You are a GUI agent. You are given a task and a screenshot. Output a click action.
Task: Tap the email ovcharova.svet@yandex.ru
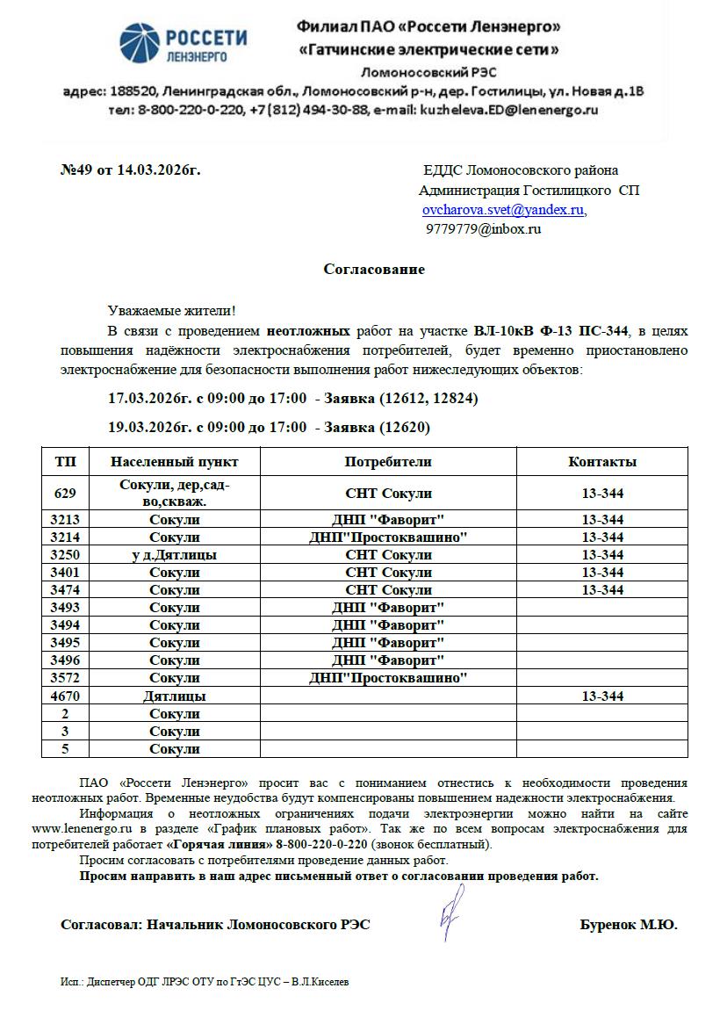(503, 211)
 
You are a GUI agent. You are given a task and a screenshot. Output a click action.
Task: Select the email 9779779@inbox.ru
(483, 229)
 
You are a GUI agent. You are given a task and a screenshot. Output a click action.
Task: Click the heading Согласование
(374, 270)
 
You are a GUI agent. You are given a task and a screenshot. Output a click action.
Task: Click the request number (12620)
(404, 428)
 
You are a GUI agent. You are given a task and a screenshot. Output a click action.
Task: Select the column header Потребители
(387, 462)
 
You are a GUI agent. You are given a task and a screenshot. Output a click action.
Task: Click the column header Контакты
(602, 462)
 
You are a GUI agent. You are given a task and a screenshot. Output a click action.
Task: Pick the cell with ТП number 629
(65, 494)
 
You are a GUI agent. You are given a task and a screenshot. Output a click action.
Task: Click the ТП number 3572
(65, 678)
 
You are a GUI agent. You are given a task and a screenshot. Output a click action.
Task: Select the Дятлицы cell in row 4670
(175, 696)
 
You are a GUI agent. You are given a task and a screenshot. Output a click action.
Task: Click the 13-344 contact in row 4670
(602, 696)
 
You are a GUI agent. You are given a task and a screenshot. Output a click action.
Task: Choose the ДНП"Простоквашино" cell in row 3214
(387, 537)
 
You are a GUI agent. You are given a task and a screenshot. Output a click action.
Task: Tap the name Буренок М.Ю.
(629, 925)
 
